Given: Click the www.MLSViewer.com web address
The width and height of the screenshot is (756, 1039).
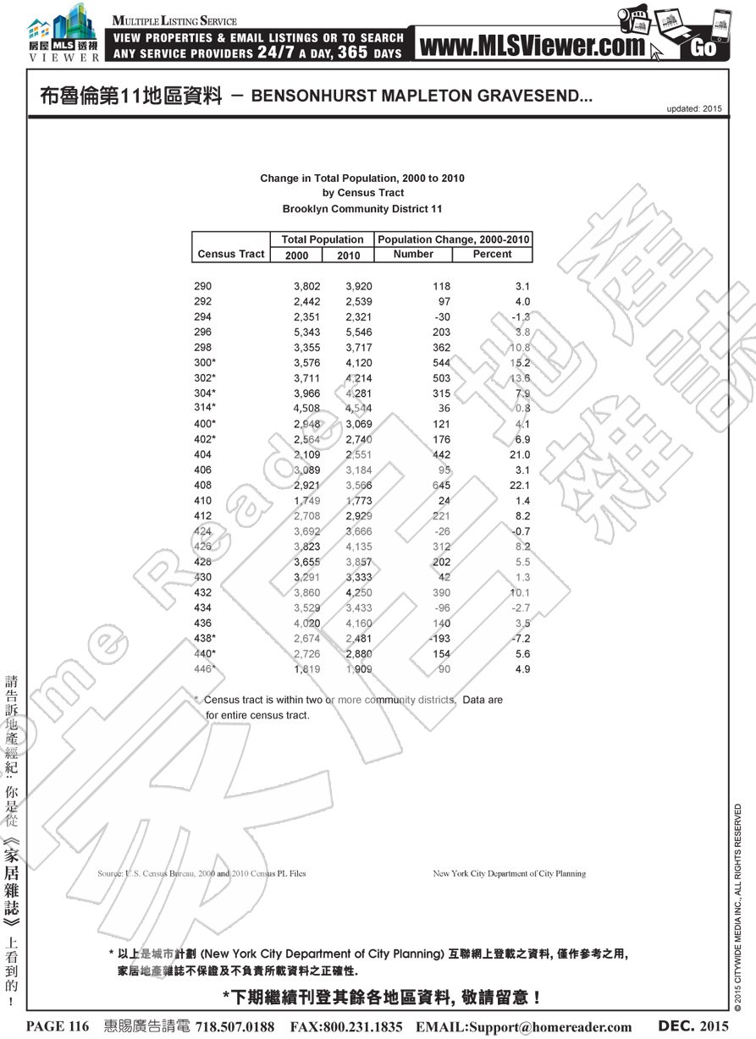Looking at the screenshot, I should click(531, 47).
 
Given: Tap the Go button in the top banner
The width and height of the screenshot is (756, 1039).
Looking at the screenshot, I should click(703, 47).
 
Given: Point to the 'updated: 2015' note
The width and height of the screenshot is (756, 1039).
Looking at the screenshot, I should click(694, 109).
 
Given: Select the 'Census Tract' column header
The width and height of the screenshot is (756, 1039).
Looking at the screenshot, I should click(230, 254).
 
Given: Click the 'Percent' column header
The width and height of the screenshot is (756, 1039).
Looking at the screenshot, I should click(492, 254).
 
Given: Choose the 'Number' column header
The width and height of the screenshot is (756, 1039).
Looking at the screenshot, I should click(413, 254).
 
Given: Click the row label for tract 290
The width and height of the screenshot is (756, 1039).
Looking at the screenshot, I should click(203, 287).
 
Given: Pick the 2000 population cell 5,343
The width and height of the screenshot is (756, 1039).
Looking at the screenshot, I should click(306, 333).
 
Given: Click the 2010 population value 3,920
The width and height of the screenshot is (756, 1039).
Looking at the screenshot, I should click(358, 287).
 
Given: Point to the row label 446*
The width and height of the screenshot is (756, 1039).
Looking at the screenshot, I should click(205, 669).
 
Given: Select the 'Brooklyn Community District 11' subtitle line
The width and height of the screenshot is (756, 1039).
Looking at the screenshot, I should click(361, 209).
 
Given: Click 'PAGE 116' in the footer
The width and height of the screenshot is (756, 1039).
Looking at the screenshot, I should click(58, 1026).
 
